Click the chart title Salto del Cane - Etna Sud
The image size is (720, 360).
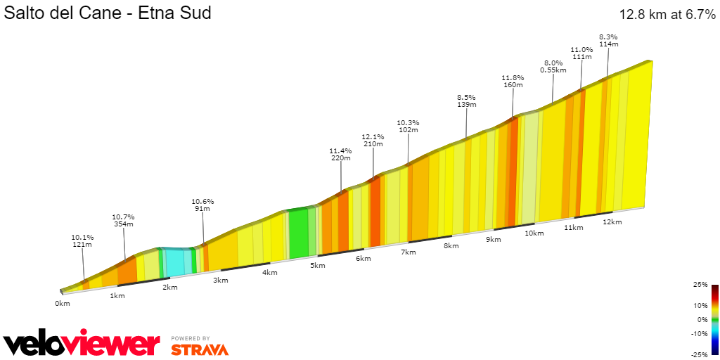click(x=108, y=13)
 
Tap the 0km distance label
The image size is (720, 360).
click(x=63, y=304)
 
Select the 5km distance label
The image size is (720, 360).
click(x=318, y=265)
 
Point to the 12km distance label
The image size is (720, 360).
click(x=612, y=222)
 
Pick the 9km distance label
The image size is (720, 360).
click(x=494, y=240)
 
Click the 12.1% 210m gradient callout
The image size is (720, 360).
click(x=373, y=140)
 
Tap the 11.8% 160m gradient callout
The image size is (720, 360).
click(x=513, y=81)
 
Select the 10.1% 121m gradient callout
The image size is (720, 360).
click(x=82, y=241)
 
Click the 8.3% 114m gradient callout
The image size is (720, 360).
click(x=608, y=40)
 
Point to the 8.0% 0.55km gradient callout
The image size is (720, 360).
click(x=553, y=66)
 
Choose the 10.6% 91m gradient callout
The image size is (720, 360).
click(x=203, y=205)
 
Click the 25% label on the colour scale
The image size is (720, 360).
click(x=700, y=285)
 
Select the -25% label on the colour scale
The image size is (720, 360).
click(x=699, y=354)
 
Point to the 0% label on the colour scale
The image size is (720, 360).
click(x=702, y=319)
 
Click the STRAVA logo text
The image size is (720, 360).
click(x=200, y=349)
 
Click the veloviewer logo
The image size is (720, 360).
click(x=82, y=344)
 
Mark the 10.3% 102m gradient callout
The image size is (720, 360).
click(x=408, y=125)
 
